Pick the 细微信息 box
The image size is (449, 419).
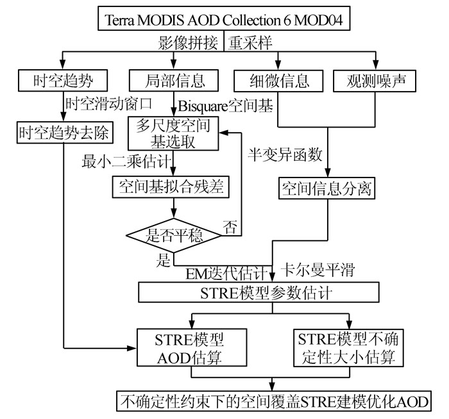tap(278, 81)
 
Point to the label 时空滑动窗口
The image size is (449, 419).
tap(109, 102)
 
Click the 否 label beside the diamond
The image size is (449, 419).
tap(228, 226)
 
